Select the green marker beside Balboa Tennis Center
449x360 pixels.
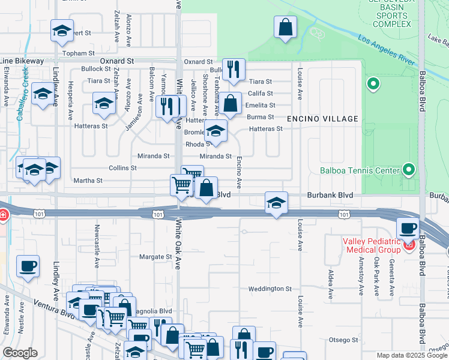(409, 170)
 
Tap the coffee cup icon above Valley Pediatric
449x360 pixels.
(408, 229)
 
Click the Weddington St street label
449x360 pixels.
(270, 289)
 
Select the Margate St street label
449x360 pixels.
(155, 257)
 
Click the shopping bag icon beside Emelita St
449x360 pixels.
(231, 103)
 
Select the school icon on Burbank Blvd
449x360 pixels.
(276, 203)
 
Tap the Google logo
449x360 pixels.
(20, 353)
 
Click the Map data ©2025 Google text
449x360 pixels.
(412, 355)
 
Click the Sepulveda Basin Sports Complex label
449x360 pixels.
(391, 14)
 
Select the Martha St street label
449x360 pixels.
(88, 180)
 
